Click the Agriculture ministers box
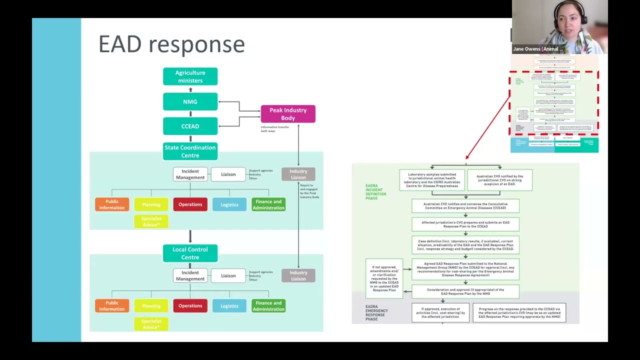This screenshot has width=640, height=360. pyautogui.click(x=190, y=76)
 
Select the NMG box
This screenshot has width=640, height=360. pyautogui.click(x=190, y=101)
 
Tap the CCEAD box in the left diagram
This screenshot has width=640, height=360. pyautogui.click(x=190, y=126)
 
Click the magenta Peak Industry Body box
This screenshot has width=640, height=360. pyautogui.click(x=288, y=114)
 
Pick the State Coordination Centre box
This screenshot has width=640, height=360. pyautogui.click(x=190, y=151)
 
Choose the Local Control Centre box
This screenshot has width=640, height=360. pyautogui.click(x=190, y=253)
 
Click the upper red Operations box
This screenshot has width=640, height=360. pyautogui.click(x=190, y=204)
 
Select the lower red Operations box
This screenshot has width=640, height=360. pyautogui.click(x=190, y=305)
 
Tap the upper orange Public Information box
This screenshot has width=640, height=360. pyautogui.click(x=112, y=204)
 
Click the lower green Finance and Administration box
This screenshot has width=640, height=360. pyautogui.click(x=268, y=305)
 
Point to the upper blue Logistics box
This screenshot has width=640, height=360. pyautogui.click(x=229, y=204)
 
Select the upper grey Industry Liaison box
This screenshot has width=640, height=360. pyautogui.click(x=298, y=174)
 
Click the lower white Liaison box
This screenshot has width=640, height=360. pyautogui.click(x=228, y=275)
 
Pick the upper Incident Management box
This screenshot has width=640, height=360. pyautogui.click(x=190, y=174)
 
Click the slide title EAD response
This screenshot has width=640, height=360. pyautogui.click(x=171, y=44)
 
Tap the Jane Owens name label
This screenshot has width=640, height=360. pyautogui.click(x=538, y=49)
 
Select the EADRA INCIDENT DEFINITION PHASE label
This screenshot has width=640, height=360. pyautogui.click(x=375, y=192)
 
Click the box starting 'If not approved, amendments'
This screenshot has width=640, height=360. pyautogui.click(x=384, y=278)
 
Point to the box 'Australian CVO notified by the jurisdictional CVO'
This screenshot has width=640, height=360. pyautogui.click(x=499, y=180)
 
